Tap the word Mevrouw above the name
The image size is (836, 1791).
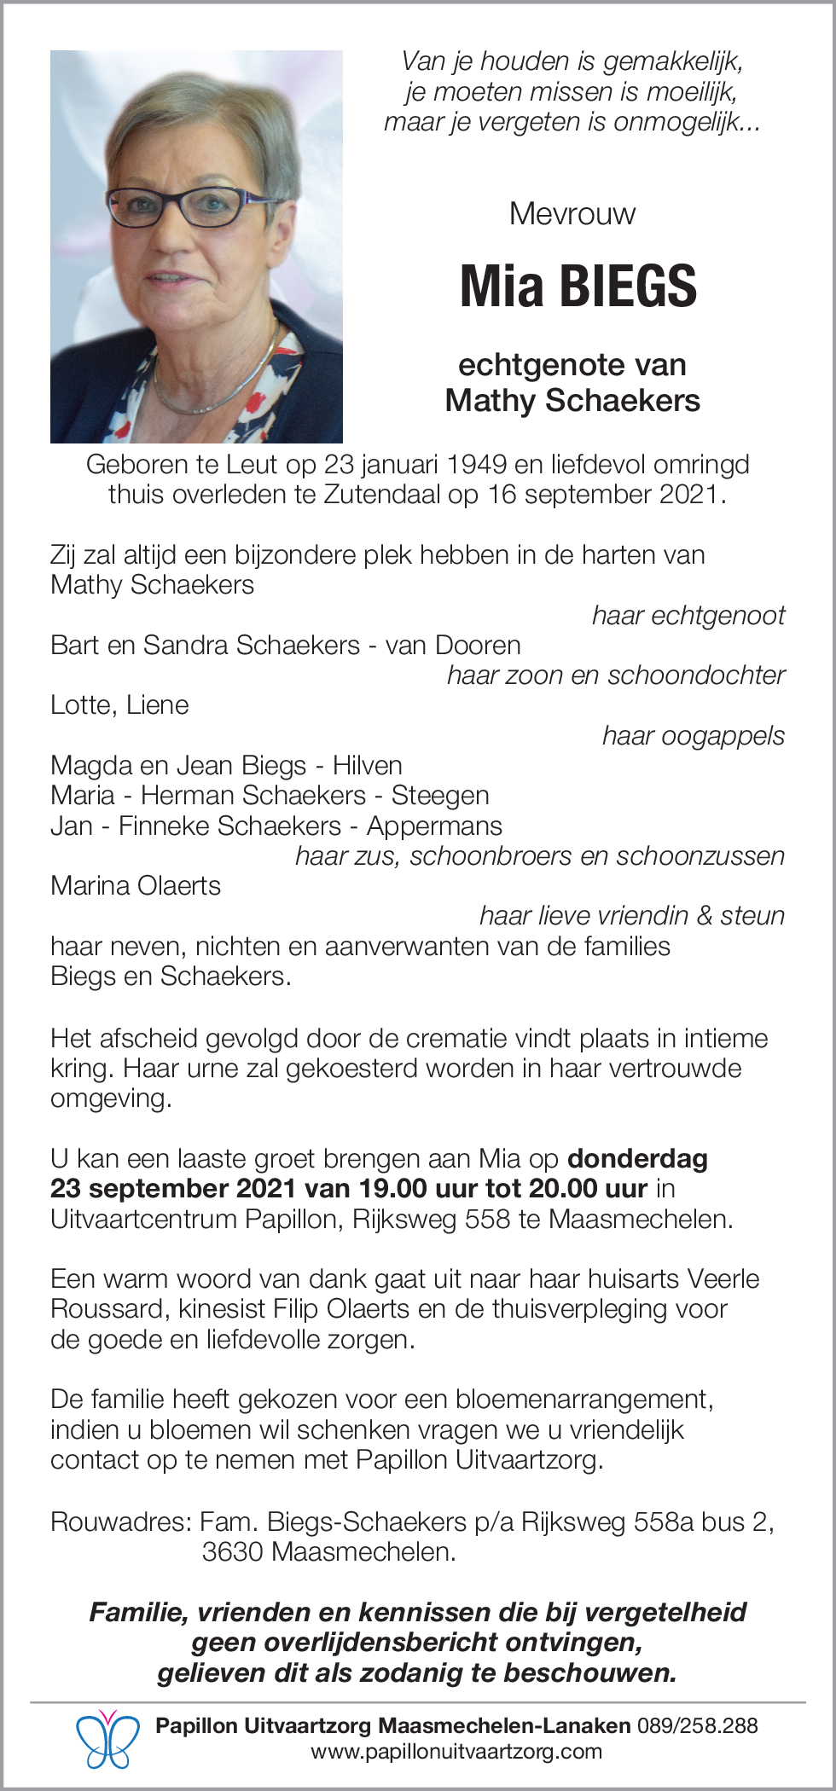(x=572, y=213)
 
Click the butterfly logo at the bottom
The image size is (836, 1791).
(x=107, y=1740)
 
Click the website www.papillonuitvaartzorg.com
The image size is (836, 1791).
(x=456, y=1752)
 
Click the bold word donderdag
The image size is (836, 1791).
(x=637, y=1158)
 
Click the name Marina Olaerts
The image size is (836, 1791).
(x=136, y=885)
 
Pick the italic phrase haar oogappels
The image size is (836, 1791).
(x=693, y=735)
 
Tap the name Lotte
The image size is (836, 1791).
(x=81, y=705)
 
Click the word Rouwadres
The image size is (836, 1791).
(x=120, y=1521)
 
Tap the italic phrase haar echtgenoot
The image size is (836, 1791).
(x=688, y=615)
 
